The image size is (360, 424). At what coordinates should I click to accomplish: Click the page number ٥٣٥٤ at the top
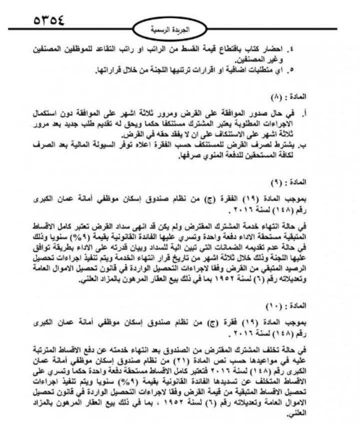[49, 20]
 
